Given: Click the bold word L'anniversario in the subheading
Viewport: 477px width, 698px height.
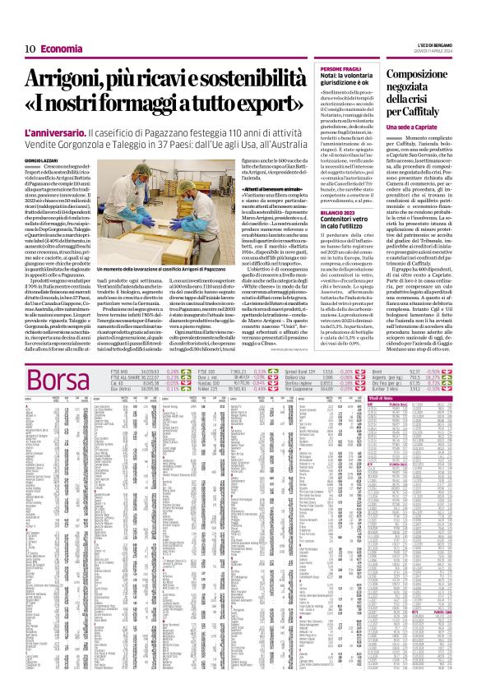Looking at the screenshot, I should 56,132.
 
